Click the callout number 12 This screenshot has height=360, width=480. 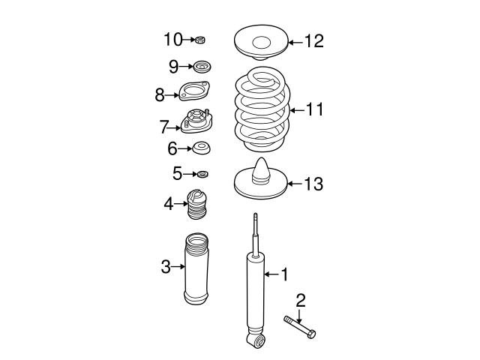(x=313, y=41)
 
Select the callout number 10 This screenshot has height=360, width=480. (x=172, y=38)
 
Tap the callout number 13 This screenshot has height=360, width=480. (x=313, y=184)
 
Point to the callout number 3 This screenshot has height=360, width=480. (x=166, y=266)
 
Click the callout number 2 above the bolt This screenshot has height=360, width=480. (x=301, y=301)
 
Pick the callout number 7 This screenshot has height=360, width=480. (x=164, y=127)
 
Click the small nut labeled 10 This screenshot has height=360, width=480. (x=200, y=40)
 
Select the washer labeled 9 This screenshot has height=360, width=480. (x=200, y=67)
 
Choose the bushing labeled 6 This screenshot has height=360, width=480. (x=200, y=148)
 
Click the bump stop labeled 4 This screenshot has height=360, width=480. (x=197, y=205)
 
